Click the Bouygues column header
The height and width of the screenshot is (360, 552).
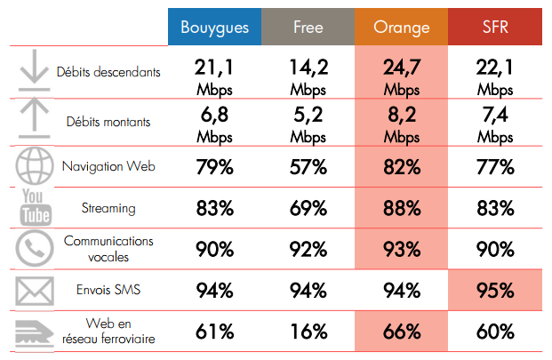214,27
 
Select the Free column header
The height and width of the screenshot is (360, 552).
308,27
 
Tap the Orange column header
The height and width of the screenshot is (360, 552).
402,27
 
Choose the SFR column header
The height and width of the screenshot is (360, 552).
495,27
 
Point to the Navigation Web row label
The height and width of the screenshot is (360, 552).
108,166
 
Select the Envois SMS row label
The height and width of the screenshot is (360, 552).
108,290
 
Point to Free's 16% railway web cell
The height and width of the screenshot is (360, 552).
308,332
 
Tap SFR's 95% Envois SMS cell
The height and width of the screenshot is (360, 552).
495,291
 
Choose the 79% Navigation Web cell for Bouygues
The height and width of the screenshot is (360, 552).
214,166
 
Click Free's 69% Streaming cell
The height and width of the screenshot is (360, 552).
308,208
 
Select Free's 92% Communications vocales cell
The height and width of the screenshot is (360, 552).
308,249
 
